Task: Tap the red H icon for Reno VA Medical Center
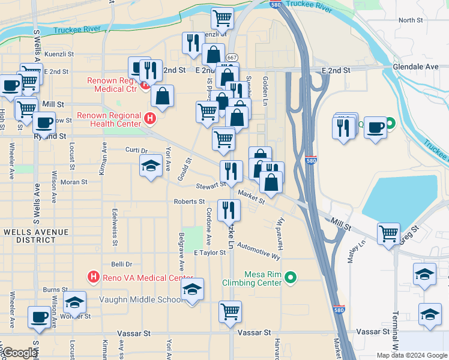pos(93,277)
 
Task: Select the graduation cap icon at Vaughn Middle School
pos(192,289)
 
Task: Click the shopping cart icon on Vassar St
pos(230,311)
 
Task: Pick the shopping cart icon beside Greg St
pos(388,232)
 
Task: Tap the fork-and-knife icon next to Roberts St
pos(229,209)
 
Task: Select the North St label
pos(411,20)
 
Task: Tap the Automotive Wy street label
pos(259,251)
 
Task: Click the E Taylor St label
pos(209,253)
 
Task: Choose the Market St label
pos(251,196)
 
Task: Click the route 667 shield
pos(231,57)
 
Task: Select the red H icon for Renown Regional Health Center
pos(150,120)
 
